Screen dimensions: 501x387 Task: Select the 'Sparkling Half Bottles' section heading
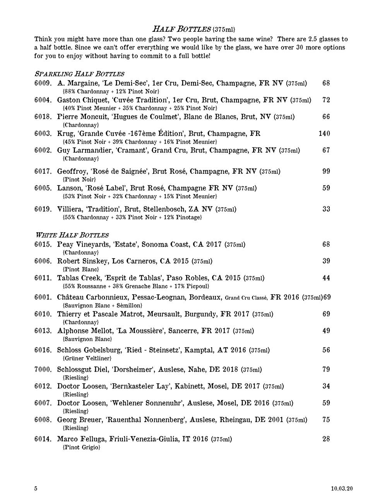[x=79, y=74]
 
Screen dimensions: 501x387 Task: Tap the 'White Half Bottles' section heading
[x=72, y=235]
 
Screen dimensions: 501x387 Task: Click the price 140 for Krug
[x=324, y=134]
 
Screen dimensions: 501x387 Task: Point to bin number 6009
[x=43, y=83]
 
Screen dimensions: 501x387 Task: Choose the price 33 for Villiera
[x=326, y=209]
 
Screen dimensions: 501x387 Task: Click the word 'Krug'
[x=65, y=134]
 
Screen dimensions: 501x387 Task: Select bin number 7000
[x=43, y=369]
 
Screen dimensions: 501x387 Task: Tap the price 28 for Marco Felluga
[x=326, y=439]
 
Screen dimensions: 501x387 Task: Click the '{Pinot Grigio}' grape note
[x=81, y=447]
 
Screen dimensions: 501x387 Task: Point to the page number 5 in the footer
[x=36, y=489]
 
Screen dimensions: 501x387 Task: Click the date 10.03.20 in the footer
[x=342, y=489]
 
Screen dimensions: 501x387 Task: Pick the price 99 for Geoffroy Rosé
[x=326, y=171]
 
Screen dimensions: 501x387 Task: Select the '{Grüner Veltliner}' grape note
[x=87, y=358]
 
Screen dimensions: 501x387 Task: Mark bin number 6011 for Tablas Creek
[x=43, y=278]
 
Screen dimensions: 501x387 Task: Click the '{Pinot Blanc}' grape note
[x=80, y=269]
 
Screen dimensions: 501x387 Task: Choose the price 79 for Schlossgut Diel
[x=326, y=369]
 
